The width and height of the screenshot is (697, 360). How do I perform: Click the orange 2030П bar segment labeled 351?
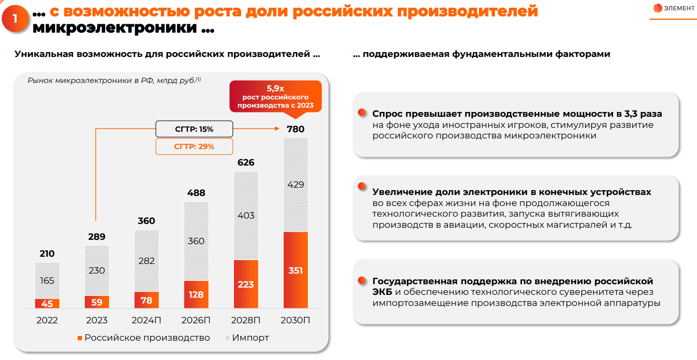295,270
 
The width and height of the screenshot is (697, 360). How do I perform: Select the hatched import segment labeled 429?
295,185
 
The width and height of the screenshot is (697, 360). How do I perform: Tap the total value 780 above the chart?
295,129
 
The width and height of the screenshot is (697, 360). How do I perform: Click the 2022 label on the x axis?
47,320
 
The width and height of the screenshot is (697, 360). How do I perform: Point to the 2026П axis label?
196,320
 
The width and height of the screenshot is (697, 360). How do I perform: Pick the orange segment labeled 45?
47,304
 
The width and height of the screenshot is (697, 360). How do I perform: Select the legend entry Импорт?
246,338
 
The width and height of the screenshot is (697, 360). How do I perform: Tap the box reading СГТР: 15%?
194,129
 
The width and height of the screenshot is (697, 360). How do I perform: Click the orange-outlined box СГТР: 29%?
194,146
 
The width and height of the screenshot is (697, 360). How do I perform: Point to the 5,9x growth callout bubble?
275,97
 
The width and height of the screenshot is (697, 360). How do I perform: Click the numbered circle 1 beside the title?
15,18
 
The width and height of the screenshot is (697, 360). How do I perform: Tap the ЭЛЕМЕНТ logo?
674,8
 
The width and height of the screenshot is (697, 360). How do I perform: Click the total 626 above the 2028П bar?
246,163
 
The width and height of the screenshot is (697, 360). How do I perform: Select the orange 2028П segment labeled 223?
246,284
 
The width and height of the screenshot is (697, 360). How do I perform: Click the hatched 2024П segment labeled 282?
147,261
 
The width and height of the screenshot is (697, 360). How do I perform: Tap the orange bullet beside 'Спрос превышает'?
362,113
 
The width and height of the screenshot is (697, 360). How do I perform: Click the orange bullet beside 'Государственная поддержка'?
362,280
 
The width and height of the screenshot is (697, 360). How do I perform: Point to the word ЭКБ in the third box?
382,292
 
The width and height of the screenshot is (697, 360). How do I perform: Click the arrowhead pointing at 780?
277,128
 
